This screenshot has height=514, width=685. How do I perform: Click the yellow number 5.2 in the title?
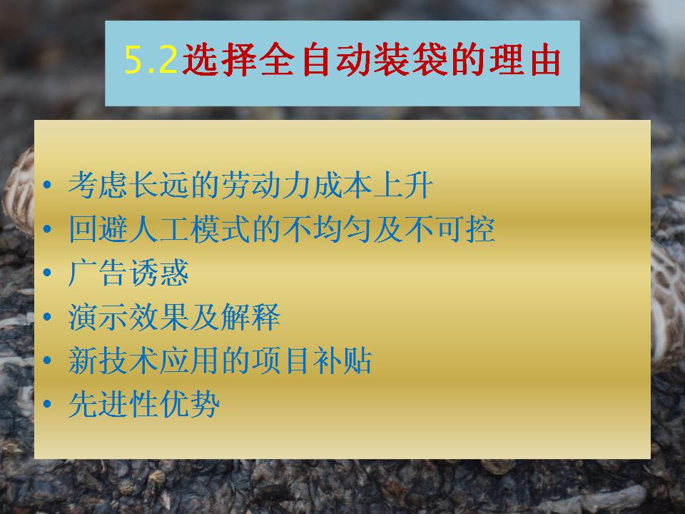point(151,59)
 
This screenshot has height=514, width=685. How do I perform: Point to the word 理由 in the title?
point(524,59)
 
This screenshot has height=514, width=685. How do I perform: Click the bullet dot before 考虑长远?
point(47,185)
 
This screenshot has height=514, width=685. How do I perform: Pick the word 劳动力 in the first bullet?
point(266,185)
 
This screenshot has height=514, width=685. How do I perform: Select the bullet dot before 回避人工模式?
point(47,228)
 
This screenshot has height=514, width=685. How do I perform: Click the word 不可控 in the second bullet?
point(450,228)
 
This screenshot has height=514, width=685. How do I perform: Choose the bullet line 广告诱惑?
point(128,272)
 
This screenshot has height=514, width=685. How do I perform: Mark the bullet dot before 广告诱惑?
point(47,272)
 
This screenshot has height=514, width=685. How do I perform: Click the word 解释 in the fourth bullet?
point(250,316)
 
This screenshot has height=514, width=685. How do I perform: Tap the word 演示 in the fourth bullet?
point(98,316)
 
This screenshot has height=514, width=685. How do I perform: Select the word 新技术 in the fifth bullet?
point(113,360)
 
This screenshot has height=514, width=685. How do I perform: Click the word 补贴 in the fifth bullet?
point(342,360)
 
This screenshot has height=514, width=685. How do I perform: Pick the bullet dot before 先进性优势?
point(47,403)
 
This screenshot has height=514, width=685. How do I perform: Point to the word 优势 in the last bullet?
point(190,403)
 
